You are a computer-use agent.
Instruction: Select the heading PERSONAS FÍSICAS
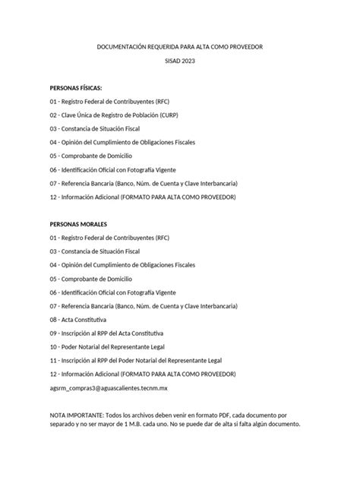[x=75, y=87]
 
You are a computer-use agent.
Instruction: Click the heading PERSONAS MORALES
[x=78, y=224]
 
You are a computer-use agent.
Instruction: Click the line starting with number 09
[x=112, y=333]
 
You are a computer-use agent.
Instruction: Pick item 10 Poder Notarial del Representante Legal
[x=122, y=347]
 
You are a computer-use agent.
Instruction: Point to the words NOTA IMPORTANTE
[x=78, y=415]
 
